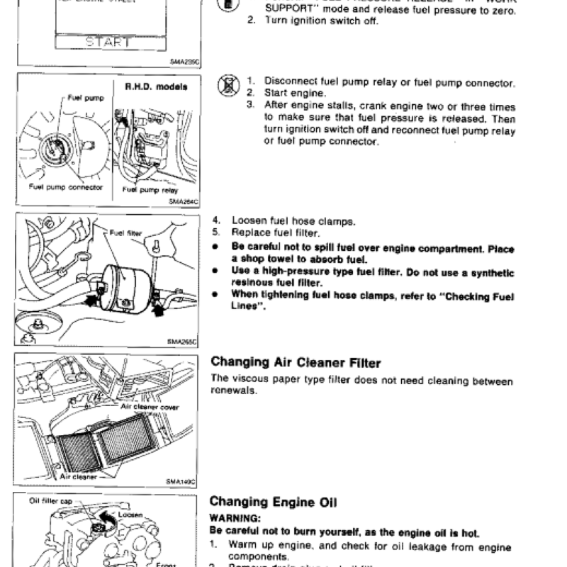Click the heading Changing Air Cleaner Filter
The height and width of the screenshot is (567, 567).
pos(296,363)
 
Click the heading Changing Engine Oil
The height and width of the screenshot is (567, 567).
pos(274,503)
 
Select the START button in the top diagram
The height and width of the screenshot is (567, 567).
pos(108,42)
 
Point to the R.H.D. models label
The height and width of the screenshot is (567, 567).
pos(156,87)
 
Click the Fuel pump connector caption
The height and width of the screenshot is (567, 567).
pos(66,188)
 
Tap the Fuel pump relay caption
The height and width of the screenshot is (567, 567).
pos(150,190)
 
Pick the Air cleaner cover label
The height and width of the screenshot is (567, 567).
pos(150,407)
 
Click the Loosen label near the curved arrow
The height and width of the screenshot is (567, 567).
pos(131,515)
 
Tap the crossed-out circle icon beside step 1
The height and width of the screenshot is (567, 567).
pos(228,87)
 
